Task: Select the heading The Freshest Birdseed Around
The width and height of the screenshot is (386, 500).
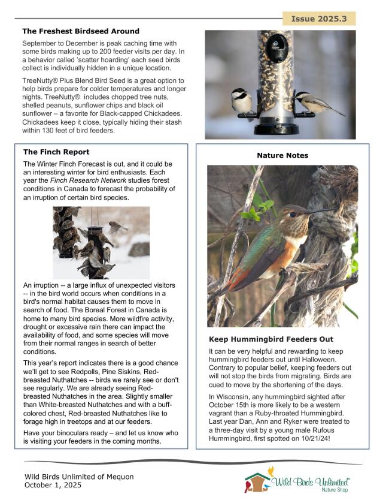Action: coord(81,31)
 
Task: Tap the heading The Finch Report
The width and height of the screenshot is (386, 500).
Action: coord(56,152)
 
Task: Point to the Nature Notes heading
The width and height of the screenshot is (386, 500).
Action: coord(282,156)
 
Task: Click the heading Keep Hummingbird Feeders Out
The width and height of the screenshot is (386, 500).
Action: coord(271,339)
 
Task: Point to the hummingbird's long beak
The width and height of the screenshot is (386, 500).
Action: coord(323,210)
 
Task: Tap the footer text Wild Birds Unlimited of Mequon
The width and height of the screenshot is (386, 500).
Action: coord(79,477)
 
